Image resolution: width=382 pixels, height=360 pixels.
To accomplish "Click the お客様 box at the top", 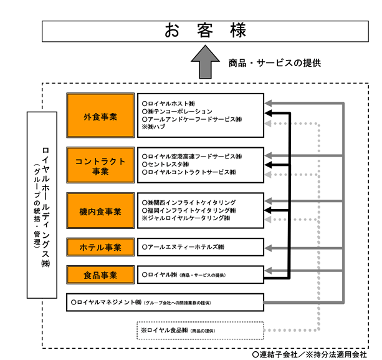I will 205,31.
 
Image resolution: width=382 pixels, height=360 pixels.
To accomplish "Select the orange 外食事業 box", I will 100,116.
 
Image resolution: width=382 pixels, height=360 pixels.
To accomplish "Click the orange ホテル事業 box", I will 100,248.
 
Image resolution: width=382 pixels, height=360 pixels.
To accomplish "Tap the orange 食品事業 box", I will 100,275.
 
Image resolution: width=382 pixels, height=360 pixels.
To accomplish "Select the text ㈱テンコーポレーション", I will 177,111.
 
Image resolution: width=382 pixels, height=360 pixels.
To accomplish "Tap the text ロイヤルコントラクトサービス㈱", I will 189,172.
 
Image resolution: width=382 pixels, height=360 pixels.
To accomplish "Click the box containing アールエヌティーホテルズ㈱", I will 200,248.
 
